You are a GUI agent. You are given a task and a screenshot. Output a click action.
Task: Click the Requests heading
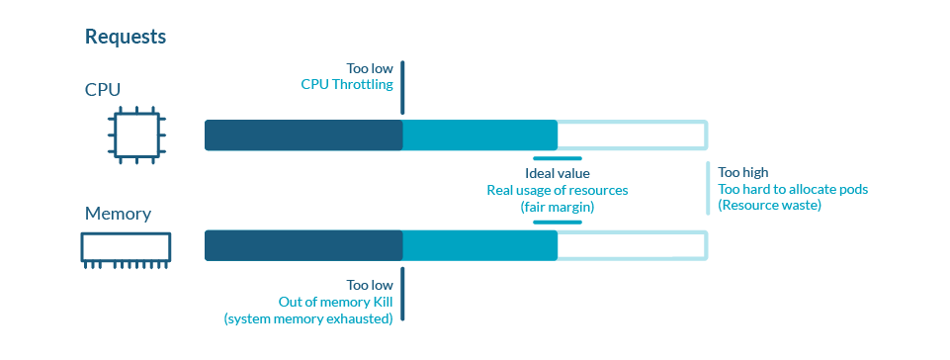click(126, 37)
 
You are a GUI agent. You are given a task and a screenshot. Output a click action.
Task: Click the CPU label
click(103, 90)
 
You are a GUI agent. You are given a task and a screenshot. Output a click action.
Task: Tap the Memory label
click(118, 214)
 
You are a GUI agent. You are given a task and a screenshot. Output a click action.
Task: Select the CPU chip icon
click(135, 135)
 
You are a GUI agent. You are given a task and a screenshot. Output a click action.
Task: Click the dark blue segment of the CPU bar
click(303, 135)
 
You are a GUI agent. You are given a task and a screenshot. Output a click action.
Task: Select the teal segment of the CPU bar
click(479, 135)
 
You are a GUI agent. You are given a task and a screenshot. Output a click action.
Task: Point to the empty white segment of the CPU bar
click(632, 135)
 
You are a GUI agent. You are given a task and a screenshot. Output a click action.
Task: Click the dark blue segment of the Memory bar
click(303, 246)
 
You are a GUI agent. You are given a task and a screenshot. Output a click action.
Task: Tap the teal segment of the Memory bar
click(479, 246)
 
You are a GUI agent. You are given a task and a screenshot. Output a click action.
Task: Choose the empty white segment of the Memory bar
click(632, 246)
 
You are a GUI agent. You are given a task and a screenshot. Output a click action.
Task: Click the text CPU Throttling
click(347, 85)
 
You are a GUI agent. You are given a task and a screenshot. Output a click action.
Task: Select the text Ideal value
click(557, 173)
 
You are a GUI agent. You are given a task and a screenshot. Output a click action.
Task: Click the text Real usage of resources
click(557, 190)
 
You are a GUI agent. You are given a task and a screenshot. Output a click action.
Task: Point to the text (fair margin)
click(557, 207)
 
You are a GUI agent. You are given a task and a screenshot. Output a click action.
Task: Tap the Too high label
click(742, 172)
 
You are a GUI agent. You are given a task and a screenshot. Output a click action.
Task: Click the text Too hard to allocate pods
click(792, 189)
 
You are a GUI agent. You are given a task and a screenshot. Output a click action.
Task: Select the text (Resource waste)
click(769, 206)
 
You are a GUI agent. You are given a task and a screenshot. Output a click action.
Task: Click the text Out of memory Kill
click(335, 302)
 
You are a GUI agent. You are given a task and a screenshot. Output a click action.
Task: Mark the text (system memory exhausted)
click(308, 318)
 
